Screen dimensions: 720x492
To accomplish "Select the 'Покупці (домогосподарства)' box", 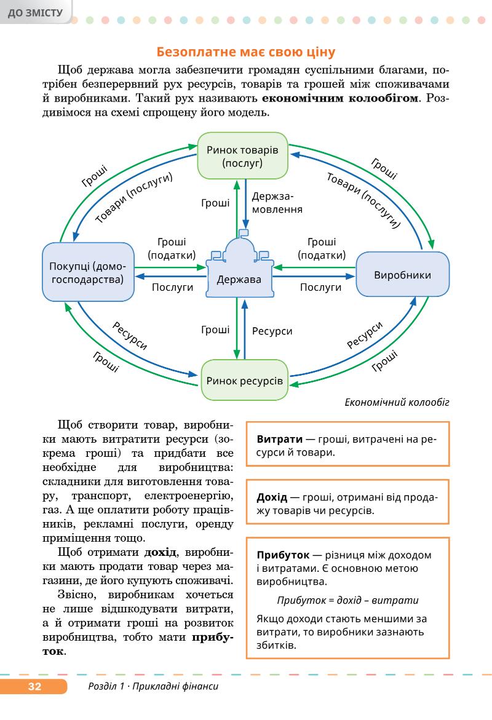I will tap(88, 272).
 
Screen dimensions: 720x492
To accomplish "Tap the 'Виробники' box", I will tap(402, 275).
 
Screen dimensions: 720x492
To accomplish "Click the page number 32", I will tap(34, 687).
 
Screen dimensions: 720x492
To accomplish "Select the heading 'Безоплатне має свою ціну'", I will tap(245, 51).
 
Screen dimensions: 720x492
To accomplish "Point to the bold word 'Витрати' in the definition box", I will tap(279, 440).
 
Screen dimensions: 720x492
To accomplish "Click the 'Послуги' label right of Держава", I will tap(320, 287).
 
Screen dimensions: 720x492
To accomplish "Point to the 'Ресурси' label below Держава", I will tap(272, 331).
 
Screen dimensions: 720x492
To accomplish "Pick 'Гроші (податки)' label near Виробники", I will tap(322, 248).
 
